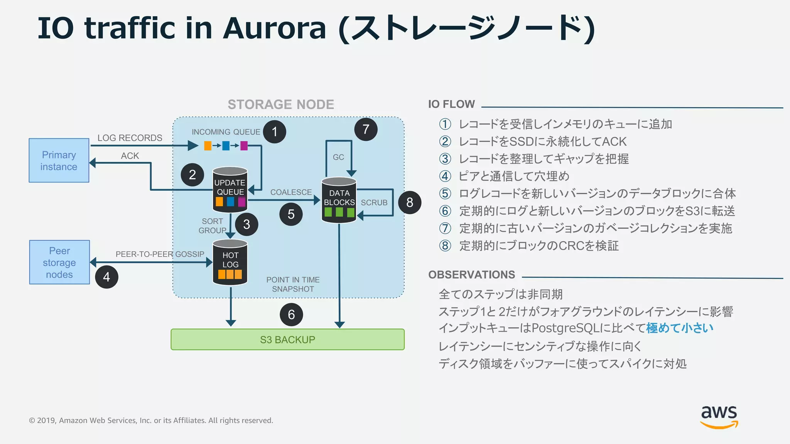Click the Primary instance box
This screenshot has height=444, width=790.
[x=59, y=160]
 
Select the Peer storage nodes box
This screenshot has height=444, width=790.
[x=59, y=262]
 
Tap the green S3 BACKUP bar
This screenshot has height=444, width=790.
[x=287, y=340]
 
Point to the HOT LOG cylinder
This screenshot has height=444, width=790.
[x=230, y=262]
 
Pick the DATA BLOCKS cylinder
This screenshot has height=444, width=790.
[x=339, y=200]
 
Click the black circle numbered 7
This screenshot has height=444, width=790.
[x=366, y=129]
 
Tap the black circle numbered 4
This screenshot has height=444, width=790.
[x=106, y=277]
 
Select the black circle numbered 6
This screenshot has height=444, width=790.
[x=291, y=314]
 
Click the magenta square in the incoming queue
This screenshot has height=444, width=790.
[x=244, y=146]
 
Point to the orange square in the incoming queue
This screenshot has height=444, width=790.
[x=208, y=146]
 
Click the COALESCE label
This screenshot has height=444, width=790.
[x=291, y=192]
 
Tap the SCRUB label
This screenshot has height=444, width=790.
[x=374, y=203]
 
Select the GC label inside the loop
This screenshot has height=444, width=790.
[x=338, y=157]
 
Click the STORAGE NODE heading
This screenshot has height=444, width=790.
[x=281, y=104]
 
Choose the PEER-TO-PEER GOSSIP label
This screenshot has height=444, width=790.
[x=160, y=254]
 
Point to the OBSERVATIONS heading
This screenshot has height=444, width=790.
[x=471, y=275]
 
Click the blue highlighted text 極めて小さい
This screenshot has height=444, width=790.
[x=680, y=328]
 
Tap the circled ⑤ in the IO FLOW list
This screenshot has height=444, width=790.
[x=445, y=193]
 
